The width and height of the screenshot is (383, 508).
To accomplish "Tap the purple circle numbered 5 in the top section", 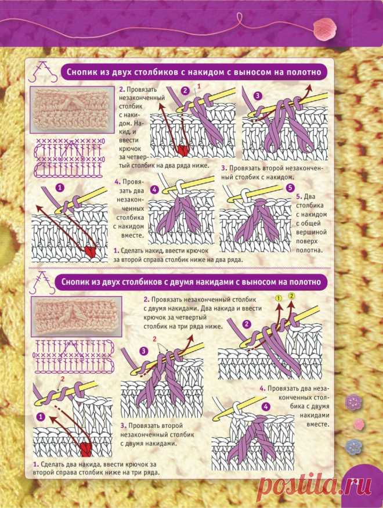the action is (x=290, y=188).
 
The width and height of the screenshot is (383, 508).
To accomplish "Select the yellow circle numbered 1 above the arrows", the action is (x=279, y=298).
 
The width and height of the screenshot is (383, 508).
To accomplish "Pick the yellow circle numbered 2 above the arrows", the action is (x=291, y=296).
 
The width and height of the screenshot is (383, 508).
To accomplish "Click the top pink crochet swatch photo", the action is (x=72, y=110).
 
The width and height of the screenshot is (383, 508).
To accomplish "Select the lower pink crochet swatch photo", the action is (x=76, y=316).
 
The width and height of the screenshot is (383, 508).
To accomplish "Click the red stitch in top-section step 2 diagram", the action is (x=183, y=149).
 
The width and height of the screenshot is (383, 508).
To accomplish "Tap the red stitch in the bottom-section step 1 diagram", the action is (x=85, y=448).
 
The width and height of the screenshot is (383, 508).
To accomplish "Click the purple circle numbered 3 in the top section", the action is (x=258, y=96).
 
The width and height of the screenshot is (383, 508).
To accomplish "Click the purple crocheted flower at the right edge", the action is (x=353, y=402).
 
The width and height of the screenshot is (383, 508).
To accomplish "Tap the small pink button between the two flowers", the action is (x=359, y=423).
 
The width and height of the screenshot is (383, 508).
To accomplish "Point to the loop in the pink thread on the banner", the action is (x=240, y=19).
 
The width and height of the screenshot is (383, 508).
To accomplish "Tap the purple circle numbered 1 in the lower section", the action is (x=41, y=417).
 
